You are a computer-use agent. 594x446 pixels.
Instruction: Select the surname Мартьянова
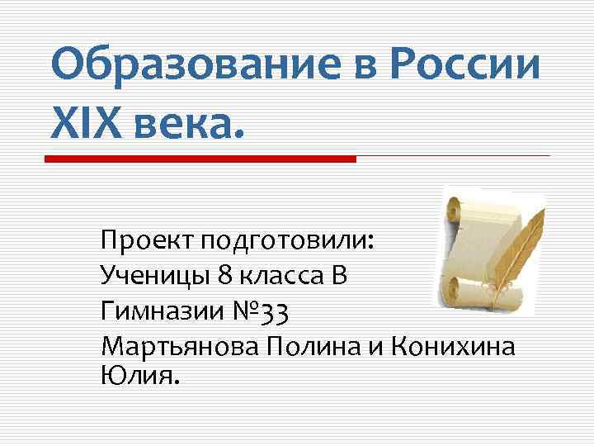point(181,344)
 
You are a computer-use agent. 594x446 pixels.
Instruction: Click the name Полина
point(314,344)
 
